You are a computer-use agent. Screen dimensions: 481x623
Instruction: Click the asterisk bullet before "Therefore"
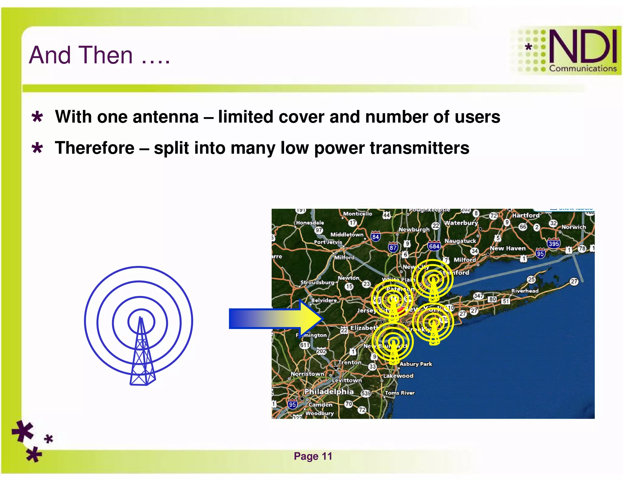(37, 148)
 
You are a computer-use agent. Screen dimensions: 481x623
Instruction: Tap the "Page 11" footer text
(313, 456)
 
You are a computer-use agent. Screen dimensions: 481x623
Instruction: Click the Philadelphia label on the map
(329, 391)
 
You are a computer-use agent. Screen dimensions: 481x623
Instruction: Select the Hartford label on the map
(526, 215)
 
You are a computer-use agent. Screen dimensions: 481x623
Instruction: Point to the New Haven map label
(507, 248)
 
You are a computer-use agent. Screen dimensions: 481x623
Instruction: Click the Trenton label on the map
(350, 362)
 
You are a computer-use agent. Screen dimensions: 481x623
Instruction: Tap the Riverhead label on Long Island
(525, 291)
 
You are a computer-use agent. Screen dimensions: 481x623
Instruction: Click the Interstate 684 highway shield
(434, 246)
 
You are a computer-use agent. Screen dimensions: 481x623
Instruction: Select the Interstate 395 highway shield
(553, 244)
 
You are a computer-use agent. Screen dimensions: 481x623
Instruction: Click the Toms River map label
(400, 393)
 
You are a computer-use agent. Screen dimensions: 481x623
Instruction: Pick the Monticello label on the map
(357, 214)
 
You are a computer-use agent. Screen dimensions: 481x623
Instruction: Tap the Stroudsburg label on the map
(317, 282)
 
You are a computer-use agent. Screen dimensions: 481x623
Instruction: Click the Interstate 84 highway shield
(375, 236)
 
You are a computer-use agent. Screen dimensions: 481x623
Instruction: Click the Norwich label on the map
(573, 227)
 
